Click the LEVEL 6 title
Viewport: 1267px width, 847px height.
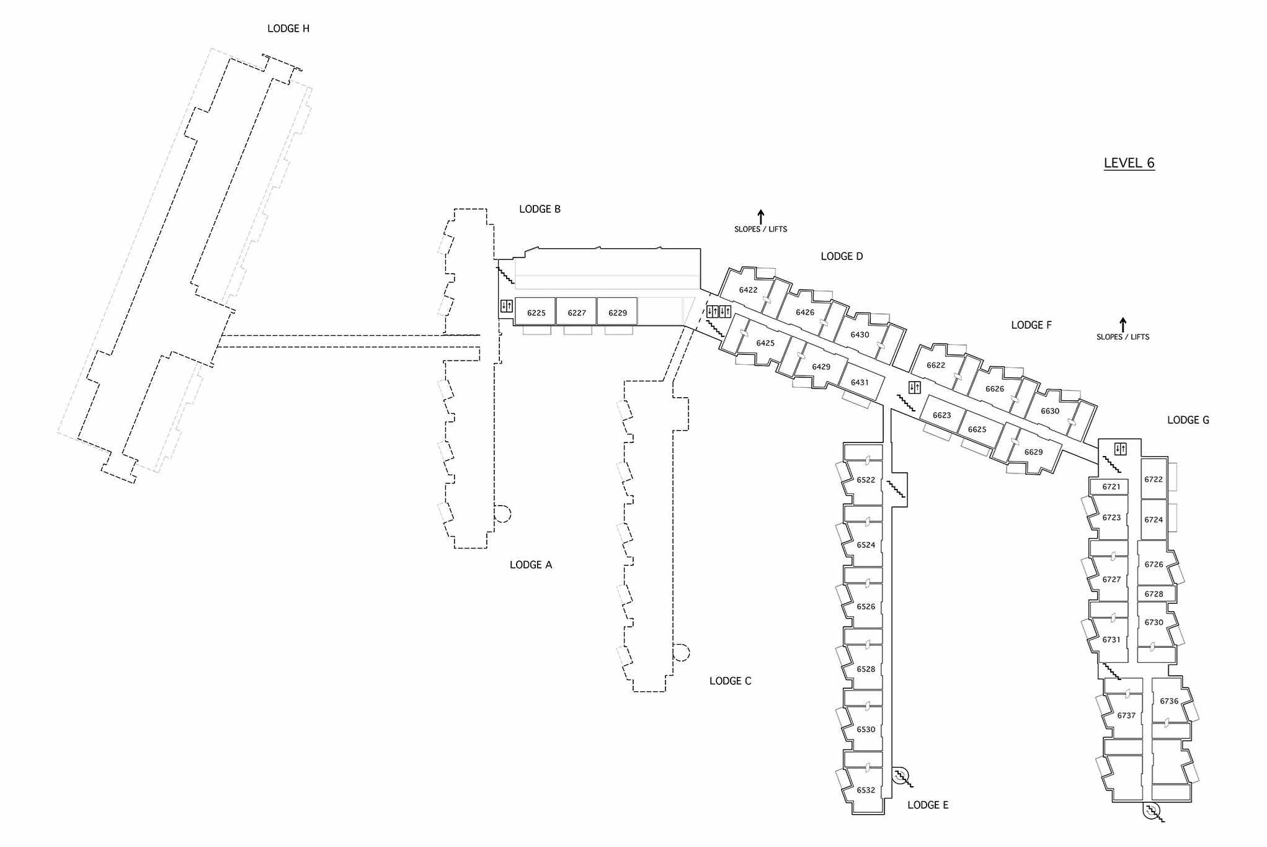1129,163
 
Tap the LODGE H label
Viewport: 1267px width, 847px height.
288,29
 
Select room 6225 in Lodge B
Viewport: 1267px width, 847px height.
536,313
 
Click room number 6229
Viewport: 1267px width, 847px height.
618,313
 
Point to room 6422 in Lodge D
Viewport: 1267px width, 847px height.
749,290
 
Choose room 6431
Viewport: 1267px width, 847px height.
860,382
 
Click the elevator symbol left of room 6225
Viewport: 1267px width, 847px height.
507,306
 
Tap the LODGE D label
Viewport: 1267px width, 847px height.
842,256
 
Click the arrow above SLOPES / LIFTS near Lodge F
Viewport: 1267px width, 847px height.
1123,324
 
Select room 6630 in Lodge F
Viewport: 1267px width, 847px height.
1050,411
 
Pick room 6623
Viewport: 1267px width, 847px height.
941,415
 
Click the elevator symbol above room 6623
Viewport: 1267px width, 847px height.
914,388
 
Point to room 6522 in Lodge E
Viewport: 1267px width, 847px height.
866,480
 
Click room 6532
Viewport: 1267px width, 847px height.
866,790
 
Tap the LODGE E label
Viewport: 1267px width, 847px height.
928,805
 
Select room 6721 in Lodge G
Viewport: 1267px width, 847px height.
1111,487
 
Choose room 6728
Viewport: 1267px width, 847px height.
1154,594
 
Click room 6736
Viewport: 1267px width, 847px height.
1169,701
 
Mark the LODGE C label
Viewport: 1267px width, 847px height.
730,681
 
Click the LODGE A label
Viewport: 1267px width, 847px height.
530,565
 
